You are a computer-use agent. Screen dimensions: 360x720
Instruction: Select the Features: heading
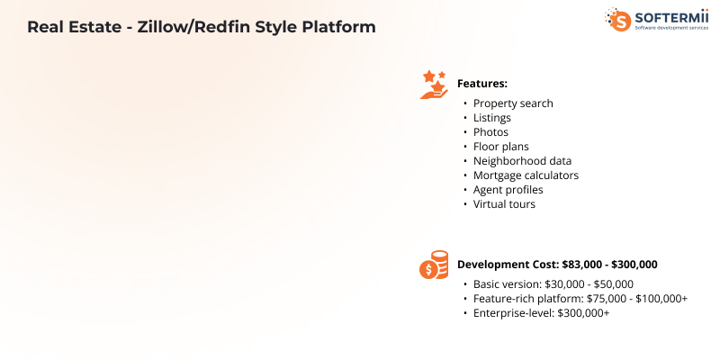click(x=482, y=84)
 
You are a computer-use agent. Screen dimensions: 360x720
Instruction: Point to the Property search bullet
click(x=513, y=103)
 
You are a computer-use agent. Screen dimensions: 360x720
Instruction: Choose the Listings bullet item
click(x=491, y=118)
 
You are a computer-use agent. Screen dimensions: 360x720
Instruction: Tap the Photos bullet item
click(x=490, y=132)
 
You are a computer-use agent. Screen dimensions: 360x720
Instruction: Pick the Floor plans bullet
click(x=500, y=147)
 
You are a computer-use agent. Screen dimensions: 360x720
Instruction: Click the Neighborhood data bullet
click(x=522, y=161)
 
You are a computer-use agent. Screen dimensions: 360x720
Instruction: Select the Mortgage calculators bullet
click(x=526, y=175)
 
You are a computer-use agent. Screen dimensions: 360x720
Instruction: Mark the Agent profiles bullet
click(x=508, y=190)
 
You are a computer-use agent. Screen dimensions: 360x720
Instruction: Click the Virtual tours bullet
click(x=504, y=204)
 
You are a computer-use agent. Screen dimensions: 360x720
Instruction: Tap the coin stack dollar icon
click(x=434, y=265)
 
